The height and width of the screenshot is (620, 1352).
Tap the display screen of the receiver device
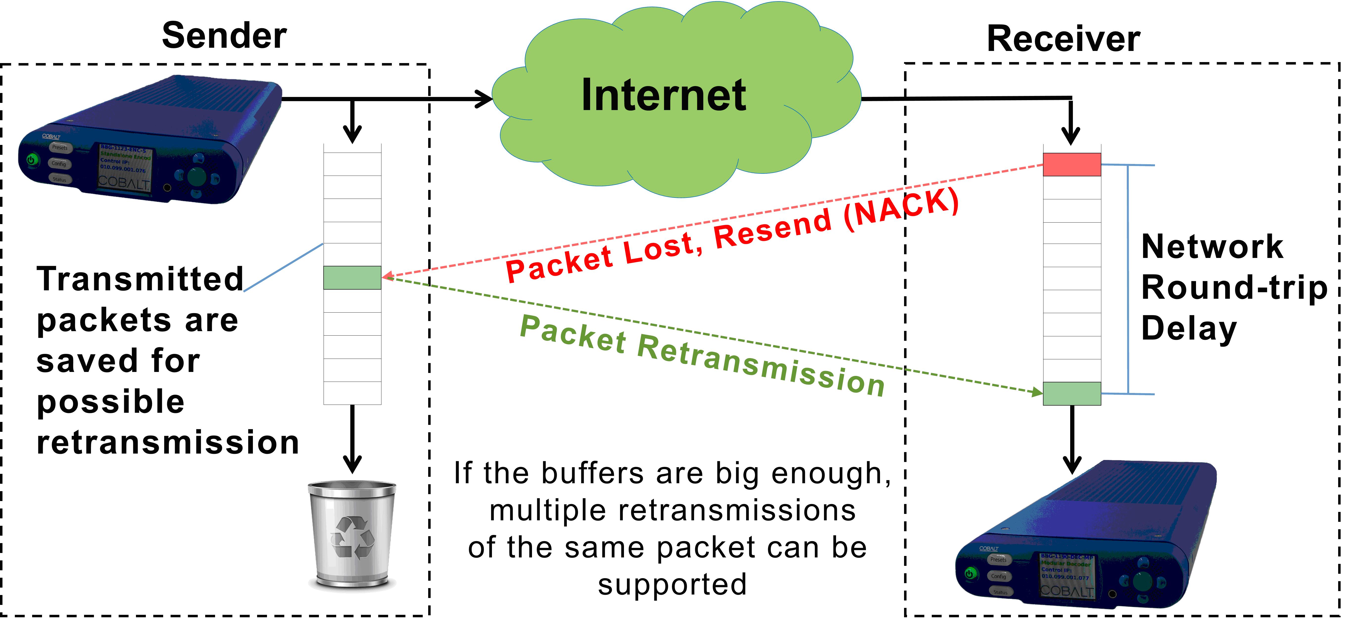coord(1066,576)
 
